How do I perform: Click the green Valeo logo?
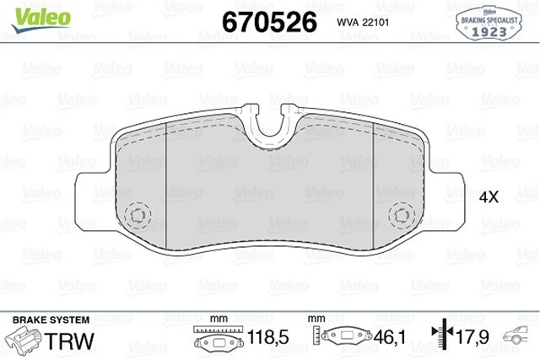pos(41,19)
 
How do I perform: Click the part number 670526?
pos(269,22)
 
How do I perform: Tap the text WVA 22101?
pos(363,23)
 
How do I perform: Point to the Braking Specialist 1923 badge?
pos(489,24)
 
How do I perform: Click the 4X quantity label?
pos(489,197)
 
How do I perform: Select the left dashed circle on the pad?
pos(138,216)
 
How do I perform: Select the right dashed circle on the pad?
pos(402,216)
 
